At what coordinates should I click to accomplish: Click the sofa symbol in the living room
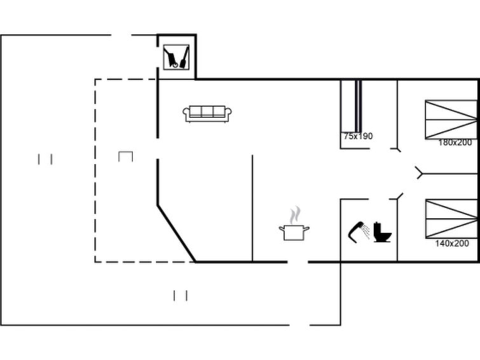point(207,114)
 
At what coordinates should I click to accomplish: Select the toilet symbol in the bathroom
point(382,232)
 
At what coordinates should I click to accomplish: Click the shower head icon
point(359,232)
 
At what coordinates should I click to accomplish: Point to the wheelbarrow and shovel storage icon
point(176,57)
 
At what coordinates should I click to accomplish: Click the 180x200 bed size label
point(455,142)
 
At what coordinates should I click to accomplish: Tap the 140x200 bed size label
point(452,243)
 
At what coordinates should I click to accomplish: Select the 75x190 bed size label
point(358,136)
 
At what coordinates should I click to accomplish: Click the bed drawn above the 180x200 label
point(451,119)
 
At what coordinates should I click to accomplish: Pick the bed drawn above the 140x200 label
point(451,219)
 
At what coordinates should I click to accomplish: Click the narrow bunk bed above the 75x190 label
point(352,106)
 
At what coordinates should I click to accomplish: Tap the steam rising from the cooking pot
point(295,215)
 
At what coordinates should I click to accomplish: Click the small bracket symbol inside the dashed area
point(125,156)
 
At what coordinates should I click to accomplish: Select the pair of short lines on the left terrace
point(45,159)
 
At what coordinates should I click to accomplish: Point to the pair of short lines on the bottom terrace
point(181,296)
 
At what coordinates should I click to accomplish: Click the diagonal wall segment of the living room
point(176,233)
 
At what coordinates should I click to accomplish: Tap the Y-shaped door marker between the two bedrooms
point(419,173)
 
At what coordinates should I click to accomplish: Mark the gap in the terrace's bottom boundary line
point(299,325)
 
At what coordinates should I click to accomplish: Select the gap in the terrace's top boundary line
point(121,35)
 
